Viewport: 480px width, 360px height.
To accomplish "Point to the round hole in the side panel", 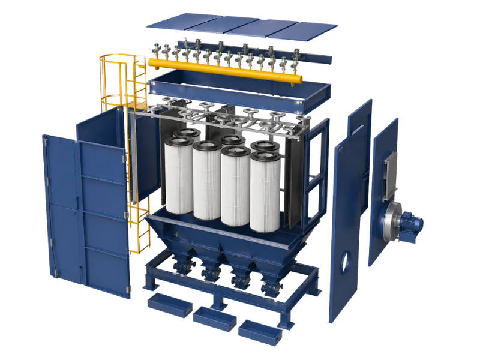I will (345, 261).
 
